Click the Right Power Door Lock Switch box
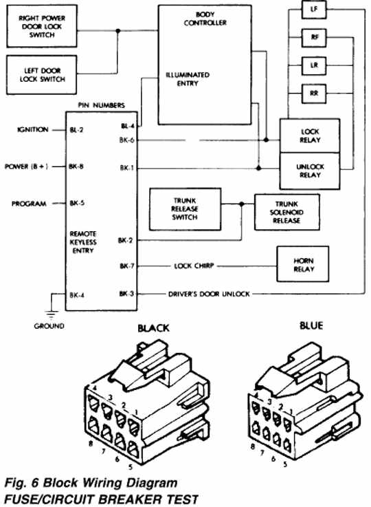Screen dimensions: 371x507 click(42, 26)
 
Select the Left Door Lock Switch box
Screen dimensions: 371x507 click(42, 75)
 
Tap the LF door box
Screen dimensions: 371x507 click(314, 10)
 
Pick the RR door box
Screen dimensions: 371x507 click(314, 94)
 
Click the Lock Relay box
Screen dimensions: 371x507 click(310, 136)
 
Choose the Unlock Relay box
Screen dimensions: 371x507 click(310, 171)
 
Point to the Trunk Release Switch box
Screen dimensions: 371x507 click(185, 209)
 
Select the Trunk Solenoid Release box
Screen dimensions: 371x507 click(287, 212)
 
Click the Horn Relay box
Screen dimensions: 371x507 click(303, 264)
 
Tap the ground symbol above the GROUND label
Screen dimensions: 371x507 click(52, 314)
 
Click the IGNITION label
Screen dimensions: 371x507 click(32, 129)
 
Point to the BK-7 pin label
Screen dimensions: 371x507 click(127, 266)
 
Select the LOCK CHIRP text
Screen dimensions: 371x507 click(194, 266)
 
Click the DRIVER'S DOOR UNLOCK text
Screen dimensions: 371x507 click(209, 294)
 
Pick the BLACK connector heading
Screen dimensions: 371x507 click(153, 328)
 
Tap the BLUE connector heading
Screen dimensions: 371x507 click(311, 325)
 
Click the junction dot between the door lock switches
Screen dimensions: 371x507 click(118, 31)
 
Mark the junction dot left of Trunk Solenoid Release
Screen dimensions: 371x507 click(242, 204)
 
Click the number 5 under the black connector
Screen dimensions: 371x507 click(131, 467)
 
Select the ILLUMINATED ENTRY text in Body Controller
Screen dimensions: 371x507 click(188, 79)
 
